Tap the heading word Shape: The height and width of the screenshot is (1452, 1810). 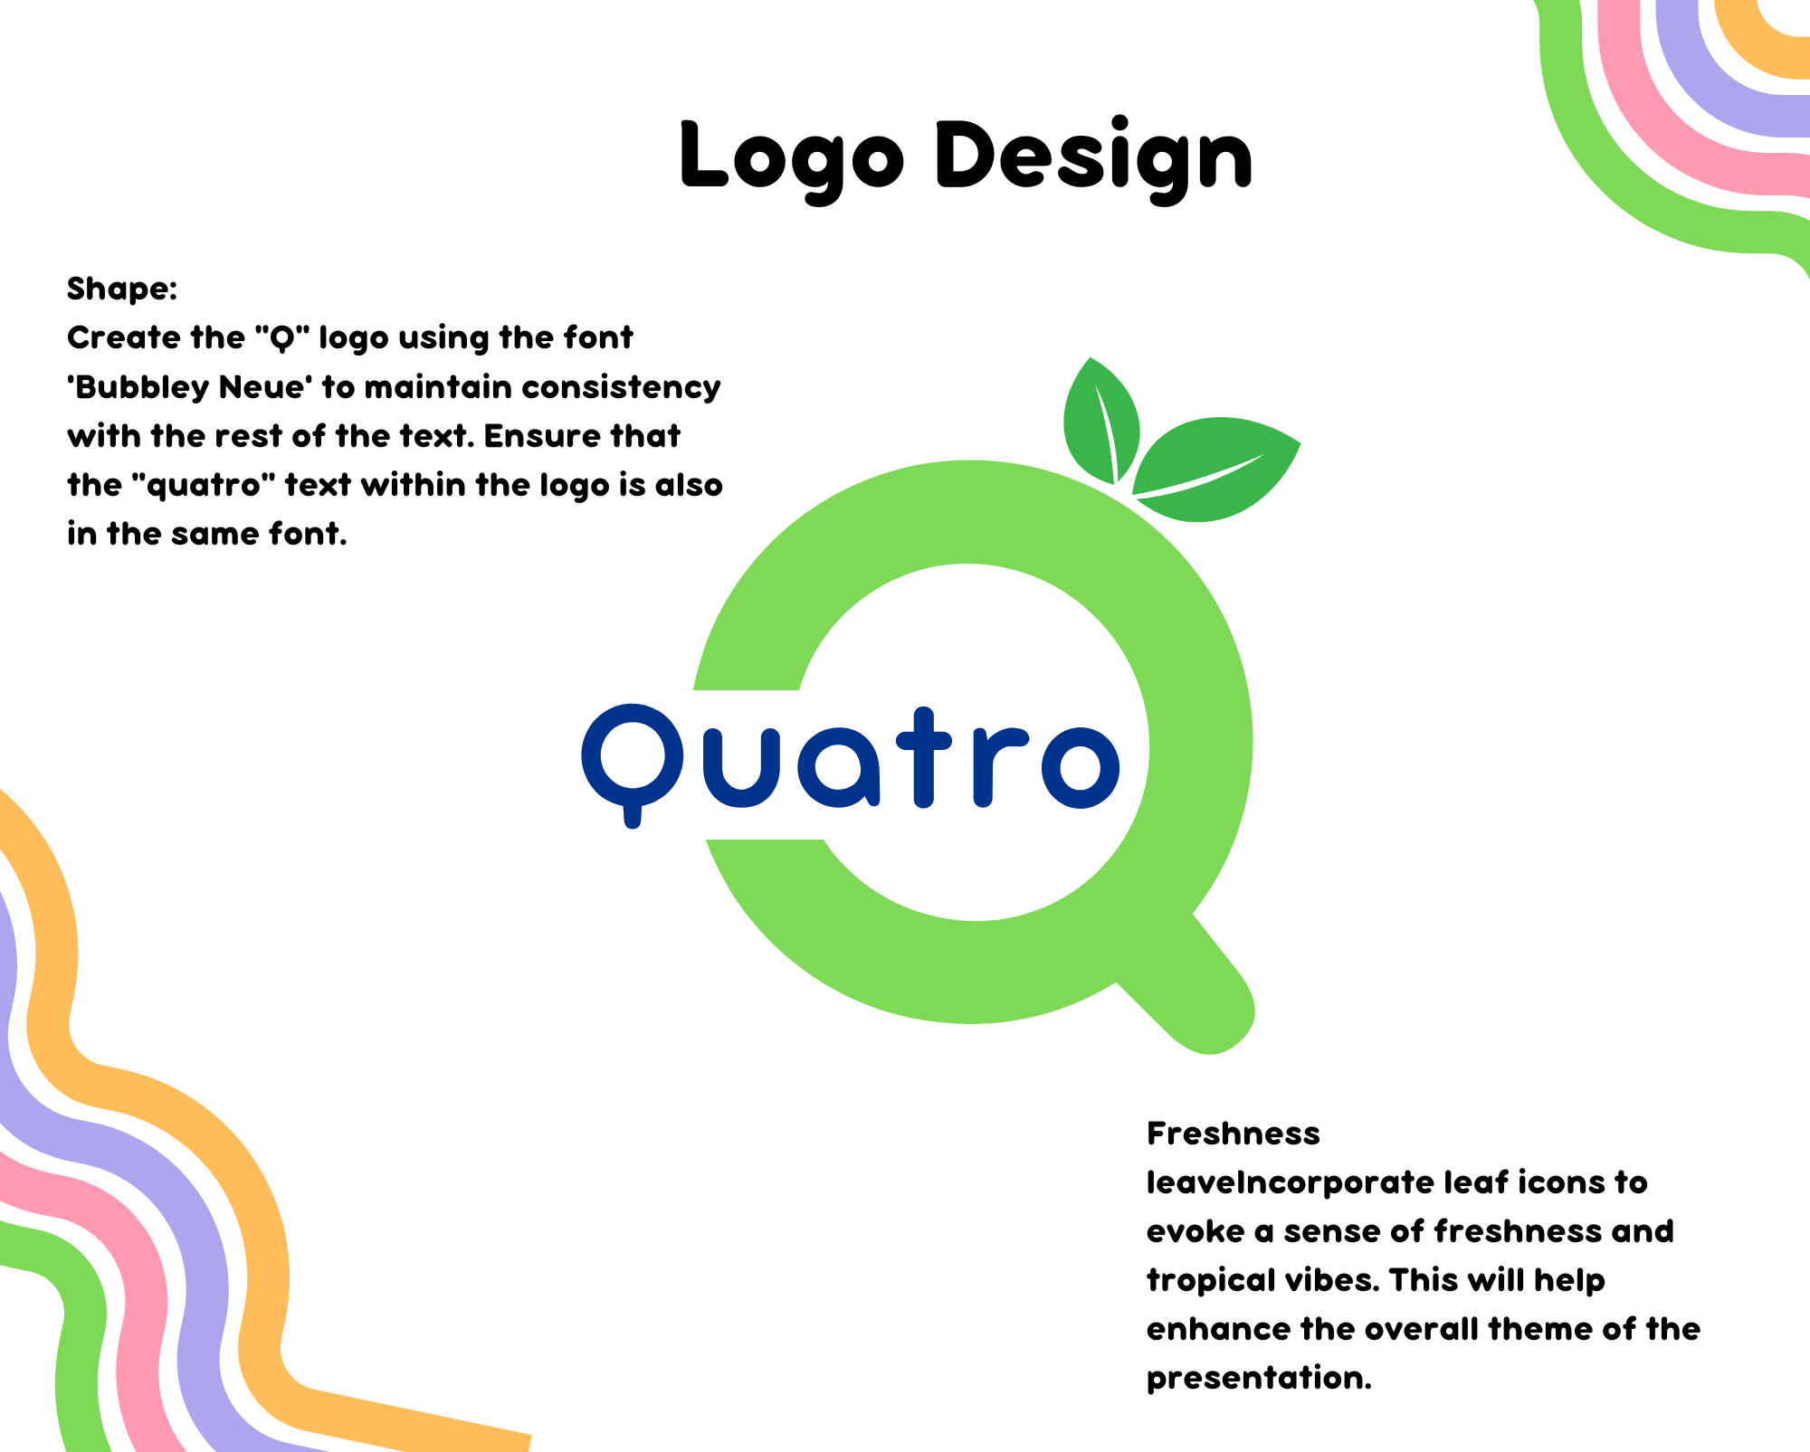tap(122, 289)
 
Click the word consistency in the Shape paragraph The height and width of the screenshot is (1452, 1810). tap(621, 388)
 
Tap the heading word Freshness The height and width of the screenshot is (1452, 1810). tap(1233, 1134)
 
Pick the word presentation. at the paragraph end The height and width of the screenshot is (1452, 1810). tap(1259, 1379)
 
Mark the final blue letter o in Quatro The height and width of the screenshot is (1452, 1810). tap(1081, 767)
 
